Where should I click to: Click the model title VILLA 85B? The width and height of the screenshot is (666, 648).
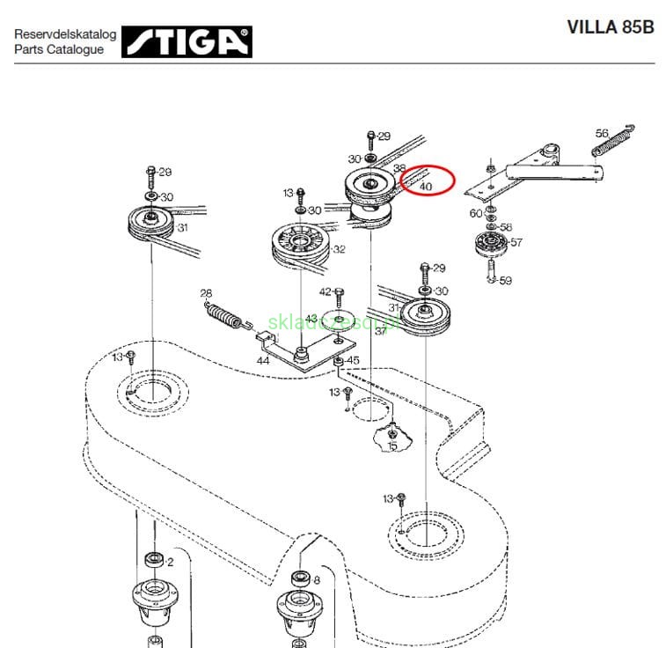[611, 26]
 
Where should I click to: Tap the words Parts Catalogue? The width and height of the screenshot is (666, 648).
[58, 49]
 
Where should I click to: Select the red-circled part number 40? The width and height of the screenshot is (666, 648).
[426, 187]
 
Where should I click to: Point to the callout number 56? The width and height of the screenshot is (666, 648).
[601, 133]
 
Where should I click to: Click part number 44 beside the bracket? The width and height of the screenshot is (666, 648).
[263, 361]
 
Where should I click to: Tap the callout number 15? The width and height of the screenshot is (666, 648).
[392, 446]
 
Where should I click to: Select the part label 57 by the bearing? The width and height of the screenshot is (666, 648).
[516, 242]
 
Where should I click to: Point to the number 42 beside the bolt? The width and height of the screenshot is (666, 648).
[325, 291]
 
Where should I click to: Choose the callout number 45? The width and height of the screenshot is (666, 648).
[353, 360]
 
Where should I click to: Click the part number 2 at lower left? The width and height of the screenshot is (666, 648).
[170, 561]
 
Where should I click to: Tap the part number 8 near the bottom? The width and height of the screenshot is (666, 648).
[316, 579]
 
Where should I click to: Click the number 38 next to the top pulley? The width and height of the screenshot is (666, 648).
[399, 168]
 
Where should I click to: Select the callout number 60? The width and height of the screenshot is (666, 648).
[475, 213]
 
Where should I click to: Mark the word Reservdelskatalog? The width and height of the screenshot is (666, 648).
[65, 34]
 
